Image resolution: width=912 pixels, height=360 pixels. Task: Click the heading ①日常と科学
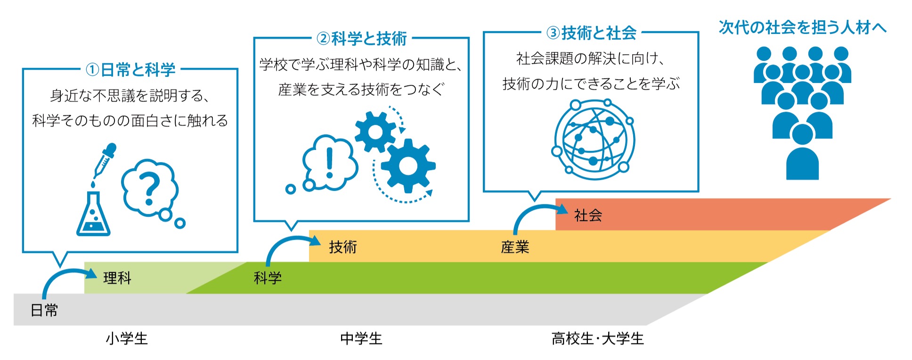(x=130, y=70)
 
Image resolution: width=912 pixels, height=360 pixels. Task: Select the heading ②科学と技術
(x=362, y=38)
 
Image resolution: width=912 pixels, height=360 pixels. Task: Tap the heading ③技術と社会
(x=592, y=33)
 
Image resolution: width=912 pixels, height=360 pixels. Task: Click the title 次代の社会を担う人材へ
(x=803, y=27)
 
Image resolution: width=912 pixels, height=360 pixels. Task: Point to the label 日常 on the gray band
(x=44, y=310)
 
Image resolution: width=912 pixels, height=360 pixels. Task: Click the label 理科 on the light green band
(x=117, y=278)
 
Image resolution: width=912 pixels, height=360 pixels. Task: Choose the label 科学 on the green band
(x=268, y=278)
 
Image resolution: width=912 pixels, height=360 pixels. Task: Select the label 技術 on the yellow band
(x=343, y=246)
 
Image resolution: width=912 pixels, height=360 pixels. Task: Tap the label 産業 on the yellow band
(x=515, y=246)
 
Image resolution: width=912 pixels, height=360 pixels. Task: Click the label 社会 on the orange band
(x=588, y=215)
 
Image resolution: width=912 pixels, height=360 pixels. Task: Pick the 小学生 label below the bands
(x=127, y=338)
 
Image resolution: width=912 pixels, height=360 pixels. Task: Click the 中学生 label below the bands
(x=361, y=338)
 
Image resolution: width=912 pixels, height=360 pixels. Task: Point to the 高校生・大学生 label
(x=598, y=338)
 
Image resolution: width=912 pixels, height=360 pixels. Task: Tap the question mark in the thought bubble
(x=150, y=188)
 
